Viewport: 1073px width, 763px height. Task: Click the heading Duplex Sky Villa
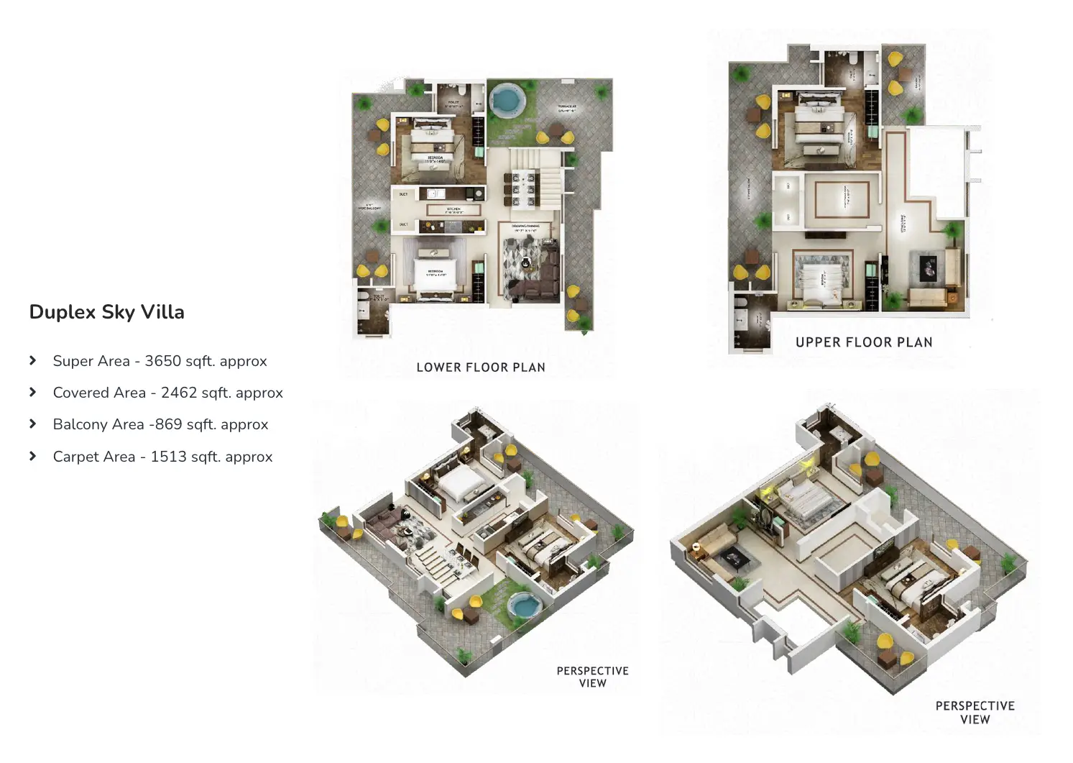point(106,312)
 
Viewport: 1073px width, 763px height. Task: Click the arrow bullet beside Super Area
point(33,360)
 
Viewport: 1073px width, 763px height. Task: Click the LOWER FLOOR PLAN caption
point(481,367)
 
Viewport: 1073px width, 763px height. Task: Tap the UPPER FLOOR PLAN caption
point(864,342)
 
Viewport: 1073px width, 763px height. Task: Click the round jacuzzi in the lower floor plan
point(506,99)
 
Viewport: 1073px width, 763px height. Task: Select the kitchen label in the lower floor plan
point(453,210)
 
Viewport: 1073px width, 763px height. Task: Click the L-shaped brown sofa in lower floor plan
point(539,277)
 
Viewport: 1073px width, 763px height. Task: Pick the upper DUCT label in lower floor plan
point(403,194)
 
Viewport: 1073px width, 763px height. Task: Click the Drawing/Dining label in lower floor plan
point(525,227)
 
